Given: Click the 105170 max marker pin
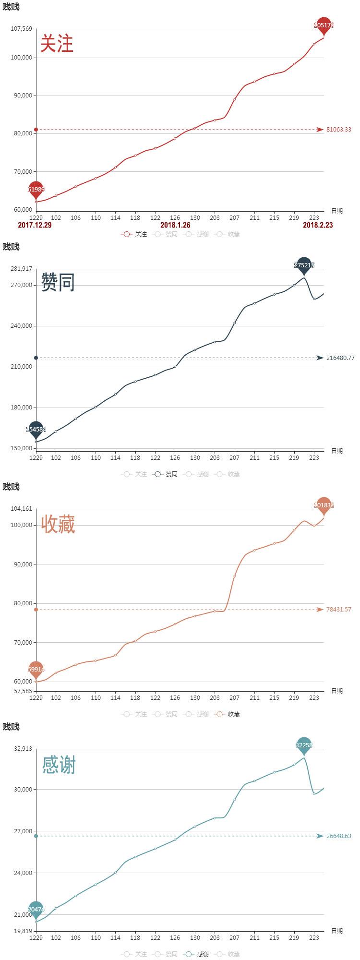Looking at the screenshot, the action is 324,25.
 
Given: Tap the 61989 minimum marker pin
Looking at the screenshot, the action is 36,190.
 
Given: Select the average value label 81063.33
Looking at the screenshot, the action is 339,130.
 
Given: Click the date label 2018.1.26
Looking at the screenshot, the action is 175,225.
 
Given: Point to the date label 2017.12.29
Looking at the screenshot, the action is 35,225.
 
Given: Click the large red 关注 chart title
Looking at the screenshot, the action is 57,43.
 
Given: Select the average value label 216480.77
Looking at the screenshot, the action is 340,358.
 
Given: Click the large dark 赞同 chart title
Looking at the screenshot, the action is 58,282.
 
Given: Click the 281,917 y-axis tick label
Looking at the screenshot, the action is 21,269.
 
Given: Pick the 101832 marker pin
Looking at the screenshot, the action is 324,505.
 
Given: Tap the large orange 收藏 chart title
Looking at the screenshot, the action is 58,524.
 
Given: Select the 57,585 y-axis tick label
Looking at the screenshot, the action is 23,691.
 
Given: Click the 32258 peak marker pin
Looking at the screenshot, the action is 304,745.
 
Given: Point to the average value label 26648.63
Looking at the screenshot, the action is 339,836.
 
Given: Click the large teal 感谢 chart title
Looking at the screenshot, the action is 59,765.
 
